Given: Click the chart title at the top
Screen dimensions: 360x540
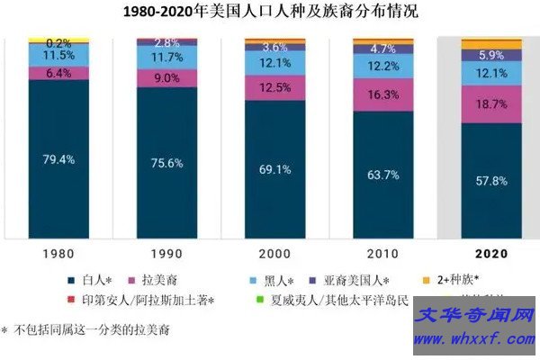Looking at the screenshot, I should point(271,13).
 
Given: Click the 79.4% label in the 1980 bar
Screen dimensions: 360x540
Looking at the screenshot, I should point(58,160).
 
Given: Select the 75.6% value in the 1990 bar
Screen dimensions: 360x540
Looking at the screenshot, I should point(166,163).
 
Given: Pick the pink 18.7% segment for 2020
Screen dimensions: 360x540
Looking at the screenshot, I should point(490,104).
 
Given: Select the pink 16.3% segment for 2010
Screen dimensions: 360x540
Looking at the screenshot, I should point(383,94).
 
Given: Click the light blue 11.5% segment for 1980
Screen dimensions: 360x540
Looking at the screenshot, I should point(58,55).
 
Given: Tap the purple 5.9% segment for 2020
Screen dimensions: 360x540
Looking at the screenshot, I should point(490,54).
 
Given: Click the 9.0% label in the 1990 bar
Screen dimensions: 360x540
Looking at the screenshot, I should point(166,77).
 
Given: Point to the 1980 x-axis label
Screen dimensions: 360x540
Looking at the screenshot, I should point(58,255).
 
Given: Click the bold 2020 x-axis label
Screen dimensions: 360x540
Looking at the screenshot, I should point(490,255).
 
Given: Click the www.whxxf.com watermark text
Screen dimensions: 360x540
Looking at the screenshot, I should point(473,340).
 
